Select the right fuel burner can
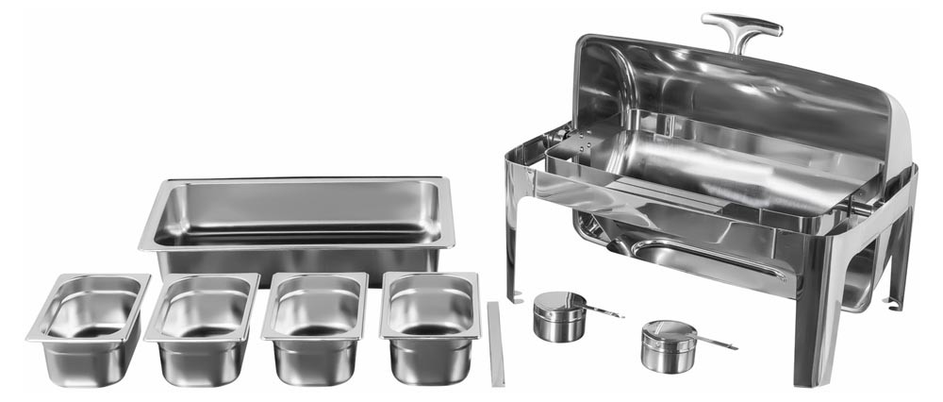tap(665, 347)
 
